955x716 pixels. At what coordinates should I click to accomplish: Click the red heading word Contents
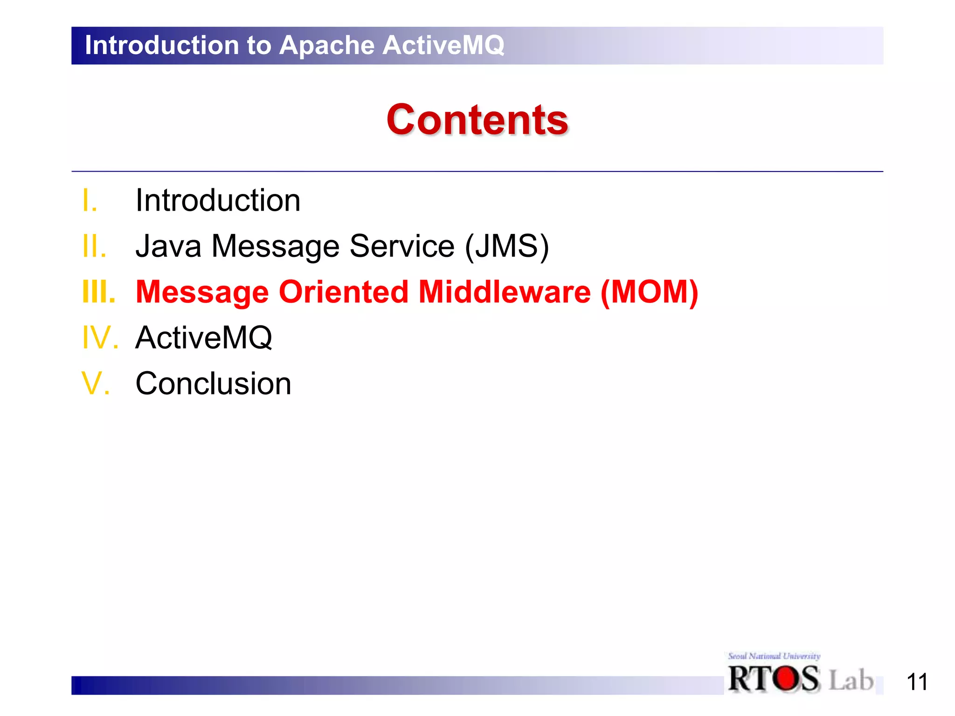[477, 120]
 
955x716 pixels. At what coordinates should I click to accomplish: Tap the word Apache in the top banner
[327, 45]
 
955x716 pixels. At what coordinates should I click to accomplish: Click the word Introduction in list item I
[218, 200]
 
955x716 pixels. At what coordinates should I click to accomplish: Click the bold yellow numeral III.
[98, 292]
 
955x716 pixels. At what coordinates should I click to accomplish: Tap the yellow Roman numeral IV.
[100, 337]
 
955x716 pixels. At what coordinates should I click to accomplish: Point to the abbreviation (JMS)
[507, 246]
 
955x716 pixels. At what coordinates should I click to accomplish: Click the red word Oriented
[344, 292]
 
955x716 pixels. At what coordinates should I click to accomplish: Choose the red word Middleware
[504, 292]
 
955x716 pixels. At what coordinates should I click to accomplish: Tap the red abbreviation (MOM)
[649, 292]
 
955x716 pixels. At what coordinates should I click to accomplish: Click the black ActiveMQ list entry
[204, 337]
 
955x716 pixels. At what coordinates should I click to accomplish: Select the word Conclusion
[213, 383]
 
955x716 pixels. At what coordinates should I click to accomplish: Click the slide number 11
[916, 682]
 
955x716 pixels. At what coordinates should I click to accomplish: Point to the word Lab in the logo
[851, 680]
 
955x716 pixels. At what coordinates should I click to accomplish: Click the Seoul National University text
[774, 656]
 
